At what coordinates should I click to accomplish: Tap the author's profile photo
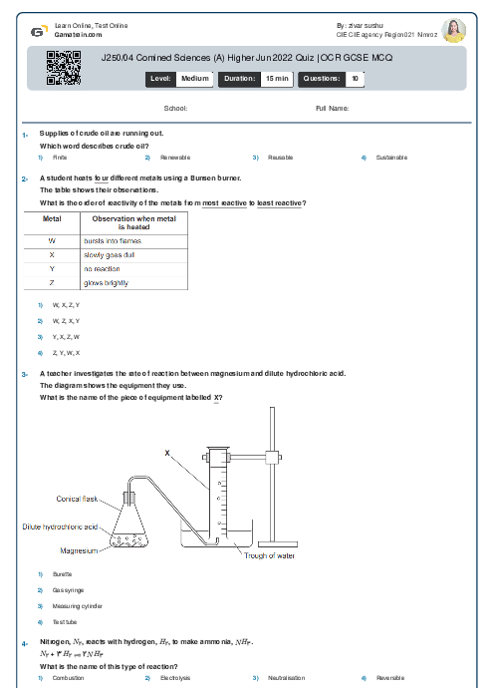tap(454, 31)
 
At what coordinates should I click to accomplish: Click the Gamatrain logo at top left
tap(37, 32)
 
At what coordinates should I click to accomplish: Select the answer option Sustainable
tap(391, 158)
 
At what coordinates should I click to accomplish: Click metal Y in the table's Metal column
tap(51, 269)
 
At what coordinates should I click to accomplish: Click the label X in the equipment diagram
tap(167, 453)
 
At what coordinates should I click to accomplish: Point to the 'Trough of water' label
tap(272, 555)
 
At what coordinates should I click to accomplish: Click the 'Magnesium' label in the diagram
tap(79, 549)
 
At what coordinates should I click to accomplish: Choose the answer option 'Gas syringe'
tap(67, 590)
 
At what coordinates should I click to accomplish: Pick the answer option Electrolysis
tap(175, 678)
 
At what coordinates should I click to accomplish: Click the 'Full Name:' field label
tap(332, 108)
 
